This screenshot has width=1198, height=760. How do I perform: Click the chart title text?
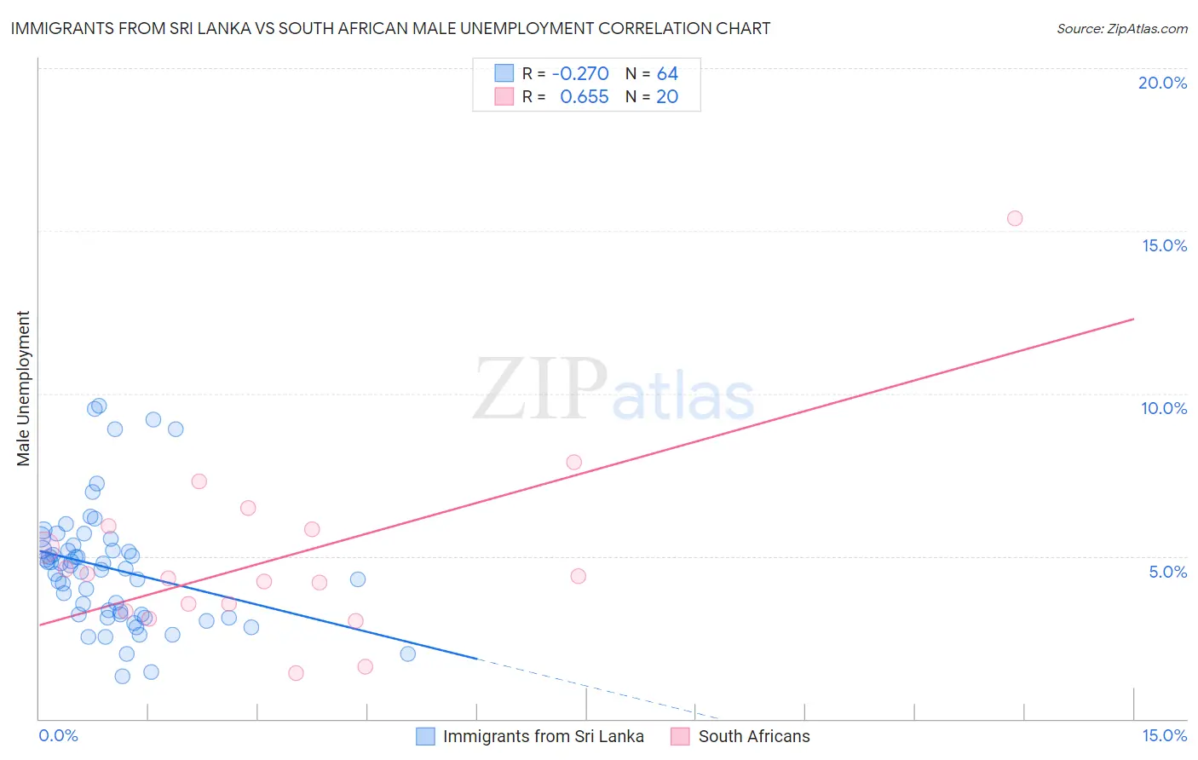tap(390, 28)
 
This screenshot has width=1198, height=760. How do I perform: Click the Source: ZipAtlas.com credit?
tap(1121, 29)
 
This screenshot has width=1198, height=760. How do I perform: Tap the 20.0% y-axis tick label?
tap(1162, 83)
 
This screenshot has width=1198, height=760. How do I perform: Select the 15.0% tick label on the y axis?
tap(1164, 245)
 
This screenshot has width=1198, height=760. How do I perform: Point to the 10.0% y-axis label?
tap(1164, 408)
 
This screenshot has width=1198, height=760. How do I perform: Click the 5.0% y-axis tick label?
tap(1167, 572)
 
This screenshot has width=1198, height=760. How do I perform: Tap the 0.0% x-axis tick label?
tap(59, 735)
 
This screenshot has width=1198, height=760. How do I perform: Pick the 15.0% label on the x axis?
tap(1164, 735)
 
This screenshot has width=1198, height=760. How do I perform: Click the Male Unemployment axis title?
tap(24, 389)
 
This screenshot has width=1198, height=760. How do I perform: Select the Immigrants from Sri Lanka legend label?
tap(543, 736)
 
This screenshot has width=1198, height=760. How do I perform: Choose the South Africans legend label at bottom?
tap(753, 736)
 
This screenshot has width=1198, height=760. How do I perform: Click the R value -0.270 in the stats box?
tap(580, 73)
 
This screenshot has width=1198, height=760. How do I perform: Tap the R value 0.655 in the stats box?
tap(584, 97)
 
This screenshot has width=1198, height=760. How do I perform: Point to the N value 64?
tap(667, 73)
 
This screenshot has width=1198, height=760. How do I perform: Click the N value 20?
tap(667, 97)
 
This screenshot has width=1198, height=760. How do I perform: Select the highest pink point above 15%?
tap(1014, 218)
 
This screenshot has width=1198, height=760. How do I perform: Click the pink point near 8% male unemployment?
tap(573, 462)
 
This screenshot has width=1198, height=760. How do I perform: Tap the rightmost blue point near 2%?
tap(407, 653)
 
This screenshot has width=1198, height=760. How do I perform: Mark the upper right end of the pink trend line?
tap(1134, 319)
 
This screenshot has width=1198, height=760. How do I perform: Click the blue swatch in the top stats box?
tap(504, 73)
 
